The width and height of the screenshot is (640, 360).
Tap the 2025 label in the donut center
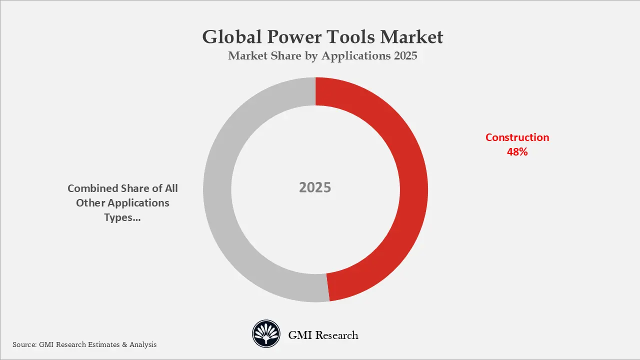point(315,187)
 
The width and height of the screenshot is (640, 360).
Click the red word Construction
point(517,137)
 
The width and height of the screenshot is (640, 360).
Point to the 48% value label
point(517,152)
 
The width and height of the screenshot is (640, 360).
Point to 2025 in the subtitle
point(405,56)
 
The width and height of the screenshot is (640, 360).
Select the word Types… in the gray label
point(122,217)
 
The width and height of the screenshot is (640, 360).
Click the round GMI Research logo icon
point(265,334)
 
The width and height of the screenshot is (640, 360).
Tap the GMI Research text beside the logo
point(323,335)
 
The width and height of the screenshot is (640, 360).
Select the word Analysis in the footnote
point(143,344)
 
